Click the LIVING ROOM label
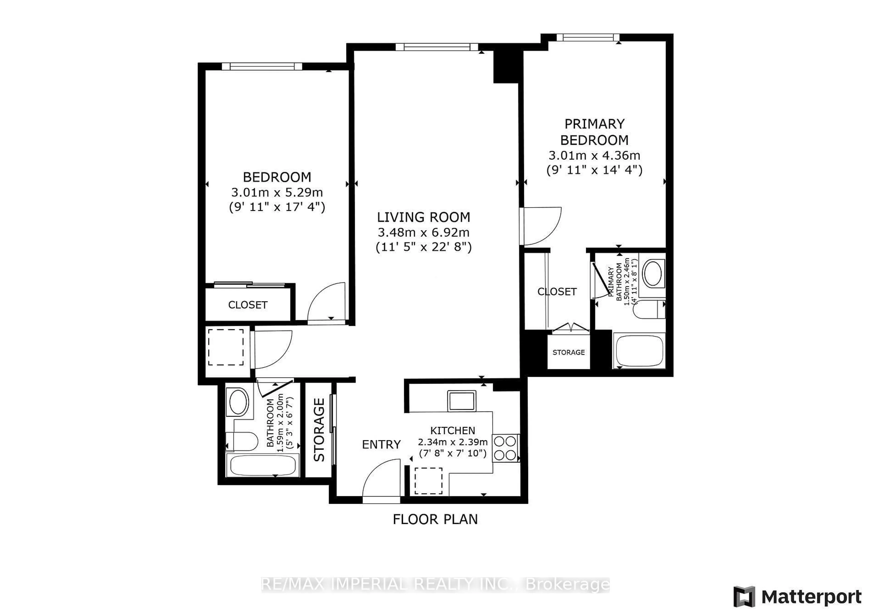[423, 217]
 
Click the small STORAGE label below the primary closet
[568, 352]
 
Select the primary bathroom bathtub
[639, 350]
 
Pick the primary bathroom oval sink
[653, 273]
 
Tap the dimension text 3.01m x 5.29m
[277, 192]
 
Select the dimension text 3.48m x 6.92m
[423, 232]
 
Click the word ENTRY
[381, 445]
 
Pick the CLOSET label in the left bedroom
[248, 305]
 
